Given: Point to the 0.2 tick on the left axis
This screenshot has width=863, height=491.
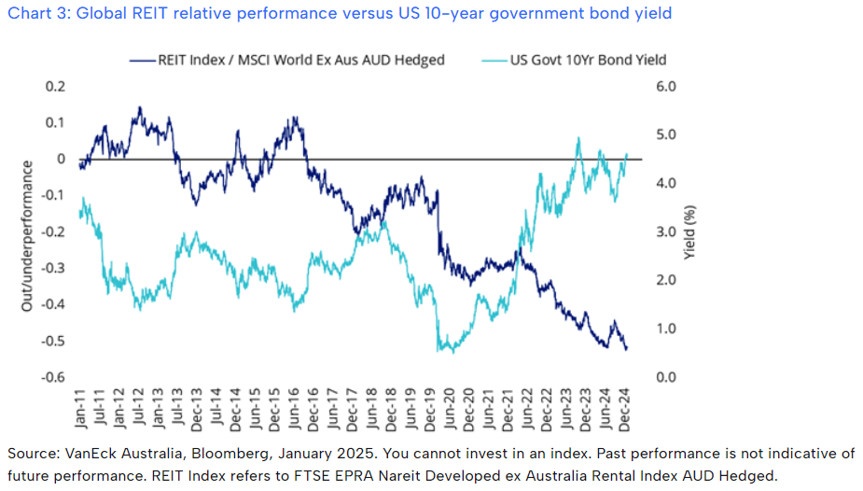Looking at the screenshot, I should click(x=58, y=87).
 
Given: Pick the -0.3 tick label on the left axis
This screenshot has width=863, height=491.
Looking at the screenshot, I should click(x=55, y=268).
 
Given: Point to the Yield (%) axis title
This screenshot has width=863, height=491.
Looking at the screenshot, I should click(x=691, y=231).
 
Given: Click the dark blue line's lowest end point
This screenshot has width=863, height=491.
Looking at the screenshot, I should click(x=626, y=349).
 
